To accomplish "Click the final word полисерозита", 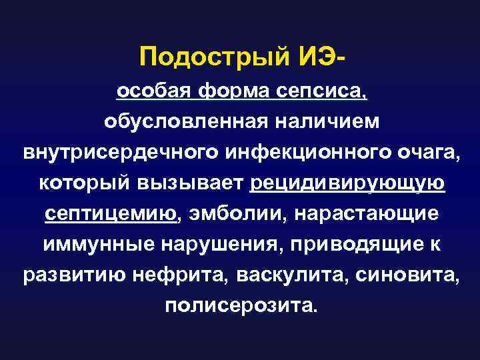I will pyautogui.click(x=241, y=306).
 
